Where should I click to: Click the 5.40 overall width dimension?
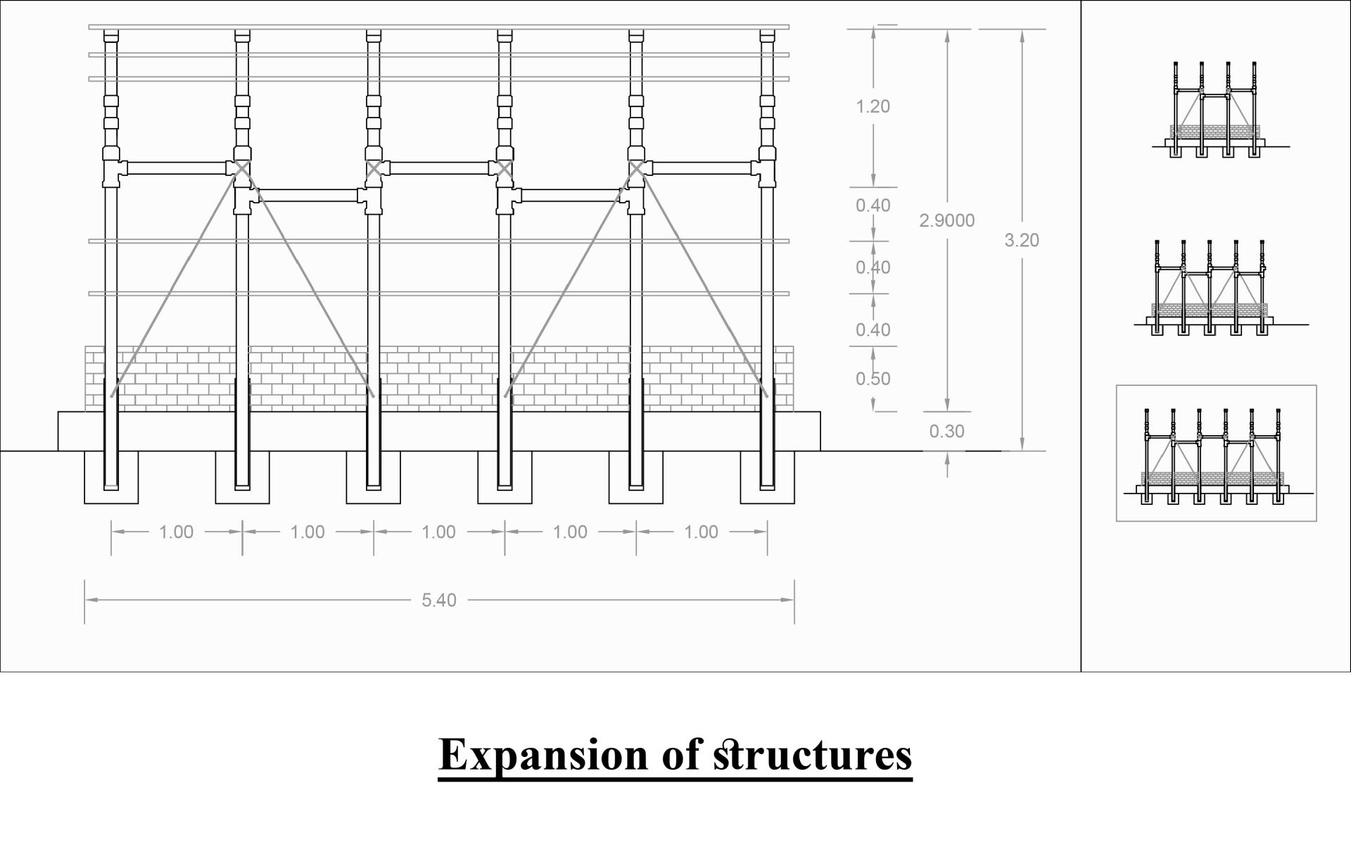coord(439,600)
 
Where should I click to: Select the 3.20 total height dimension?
coord(1021,240)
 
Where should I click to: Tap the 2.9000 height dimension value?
coord(946,220)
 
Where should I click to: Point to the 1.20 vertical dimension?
coord(873,106)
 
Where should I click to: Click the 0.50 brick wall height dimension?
coord(873,379)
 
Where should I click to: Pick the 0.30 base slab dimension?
coord(946,431)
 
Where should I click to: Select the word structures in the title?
coord(813,755)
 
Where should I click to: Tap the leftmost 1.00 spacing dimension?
coord(176,532)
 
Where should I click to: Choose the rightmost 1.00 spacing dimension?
coord(701,532)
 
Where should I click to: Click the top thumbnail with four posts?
coord(1214,109)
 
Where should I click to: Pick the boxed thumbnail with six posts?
coord(1216,454)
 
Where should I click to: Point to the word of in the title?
coord(681,755)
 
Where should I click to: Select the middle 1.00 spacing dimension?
coord(438,532)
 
